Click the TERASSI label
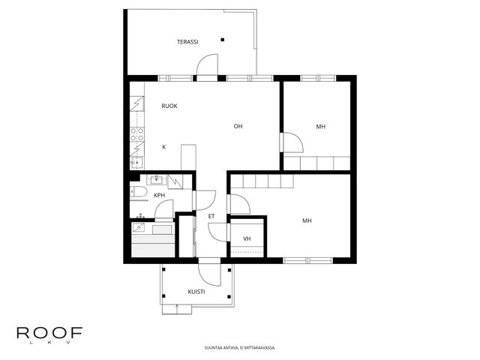(x=187, y=42)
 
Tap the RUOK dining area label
(x=169, y=106)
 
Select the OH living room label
(x=238, y=126)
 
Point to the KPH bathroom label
(x=159, y=195)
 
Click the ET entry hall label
(x=211, y=217)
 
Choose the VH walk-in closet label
(x=247, y=238)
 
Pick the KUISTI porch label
(x=196, y=292)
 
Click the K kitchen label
(x=164, y=147)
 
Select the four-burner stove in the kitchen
(x=137, y=134)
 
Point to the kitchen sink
(x=136, y=162)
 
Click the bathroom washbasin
(x=157, y=180)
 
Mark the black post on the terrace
(x=223, y=40)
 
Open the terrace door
(x=207, y=65)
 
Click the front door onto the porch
(x=209, y=273)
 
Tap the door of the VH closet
(x=218, y=232)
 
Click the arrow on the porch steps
(x=177, y=308)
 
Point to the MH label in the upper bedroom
(x=320, y=127)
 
